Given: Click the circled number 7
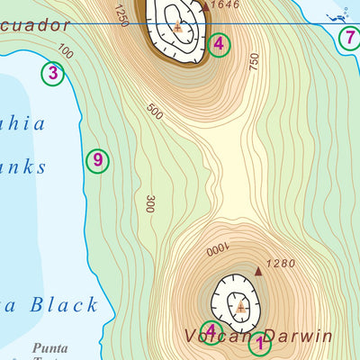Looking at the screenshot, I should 349,38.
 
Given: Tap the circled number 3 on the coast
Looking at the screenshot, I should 53,74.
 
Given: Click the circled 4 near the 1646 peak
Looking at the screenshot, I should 217,43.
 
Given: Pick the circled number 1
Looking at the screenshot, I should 260,343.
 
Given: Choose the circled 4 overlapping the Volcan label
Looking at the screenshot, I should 211,332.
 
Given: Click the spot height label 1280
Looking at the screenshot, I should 282,264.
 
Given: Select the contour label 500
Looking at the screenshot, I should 155,111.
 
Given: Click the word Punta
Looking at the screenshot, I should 49,346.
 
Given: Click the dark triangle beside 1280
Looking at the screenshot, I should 259,269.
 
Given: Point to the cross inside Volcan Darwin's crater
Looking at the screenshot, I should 240,308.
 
